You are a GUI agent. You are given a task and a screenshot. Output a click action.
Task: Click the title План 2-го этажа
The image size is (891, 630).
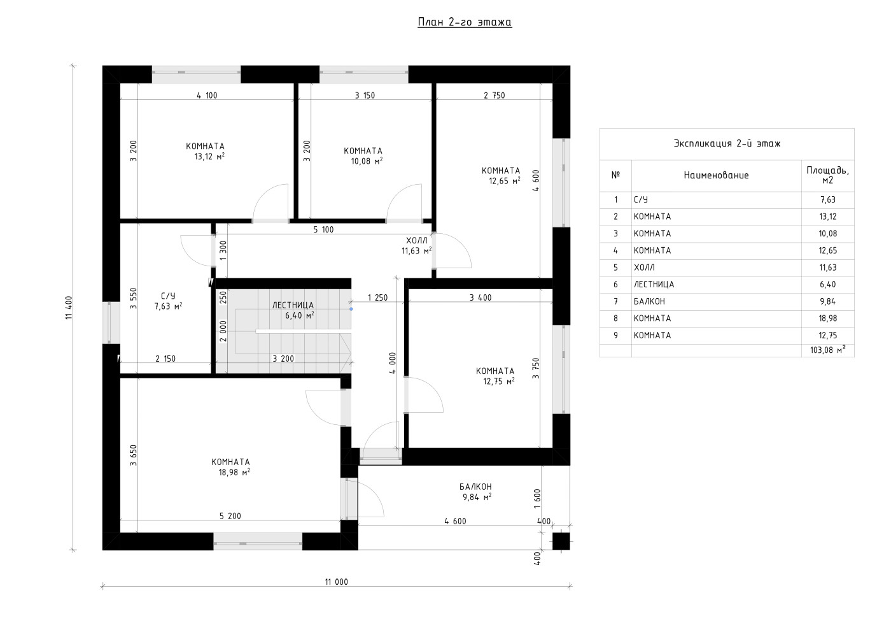(x=465, y=22)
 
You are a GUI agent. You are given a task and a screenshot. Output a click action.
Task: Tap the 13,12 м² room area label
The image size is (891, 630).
(x=209, y=157)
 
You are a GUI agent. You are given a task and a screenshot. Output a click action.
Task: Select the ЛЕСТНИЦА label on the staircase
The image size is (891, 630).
(x=293, y=305)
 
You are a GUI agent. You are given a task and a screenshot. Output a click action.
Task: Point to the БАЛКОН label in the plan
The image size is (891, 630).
(x=475, y=487)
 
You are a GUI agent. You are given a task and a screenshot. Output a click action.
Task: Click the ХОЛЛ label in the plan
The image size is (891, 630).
(x=416, y=241)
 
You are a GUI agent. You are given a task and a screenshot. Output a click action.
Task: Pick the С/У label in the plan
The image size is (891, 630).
(x=168, y=296)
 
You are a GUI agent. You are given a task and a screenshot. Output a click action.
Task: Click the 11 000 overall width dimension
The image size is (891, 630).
(x=337, y=582)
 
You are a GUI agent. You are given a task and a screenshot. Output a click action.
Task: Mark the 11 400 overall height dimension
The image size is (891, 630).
(x=69, y=308)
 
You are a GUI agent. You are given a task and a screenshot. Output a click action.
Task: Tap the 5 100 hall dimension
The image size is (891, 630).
(x=323, y=229)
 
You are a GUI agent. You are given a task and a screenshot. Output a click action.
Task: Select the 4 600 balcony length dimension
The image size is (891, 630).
(x=455, y=521)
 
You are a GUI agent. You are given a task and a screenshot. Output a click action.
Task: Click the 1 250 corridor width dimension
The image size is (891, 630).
(x=377, y=297)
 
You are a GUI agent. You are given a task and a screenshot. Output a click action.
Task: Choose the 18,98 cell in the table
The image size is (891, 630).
(x=828, y=319)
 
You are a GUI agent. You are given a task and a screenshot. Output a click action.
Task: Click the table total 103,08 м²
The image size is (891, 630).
(x=828, y=350)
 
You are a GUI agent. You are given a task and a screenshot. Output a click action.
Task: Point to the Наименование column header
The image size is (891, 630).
(x=716, y=175)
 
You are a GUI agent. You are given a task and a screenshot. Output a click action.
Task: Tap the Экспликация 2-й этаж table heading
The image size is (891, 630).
(x=727, y=143)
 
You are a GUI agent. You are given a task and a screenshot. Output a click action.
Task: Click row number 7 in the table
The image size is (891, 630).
(x=616, y=301)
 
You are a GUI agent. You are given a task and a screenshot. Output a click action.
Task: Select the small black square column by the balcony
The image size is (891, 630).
(x=561, y=541)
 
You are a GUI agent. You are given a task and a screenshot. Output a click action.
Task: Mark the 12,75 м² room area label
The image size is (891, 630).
(x=499, y=382)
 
